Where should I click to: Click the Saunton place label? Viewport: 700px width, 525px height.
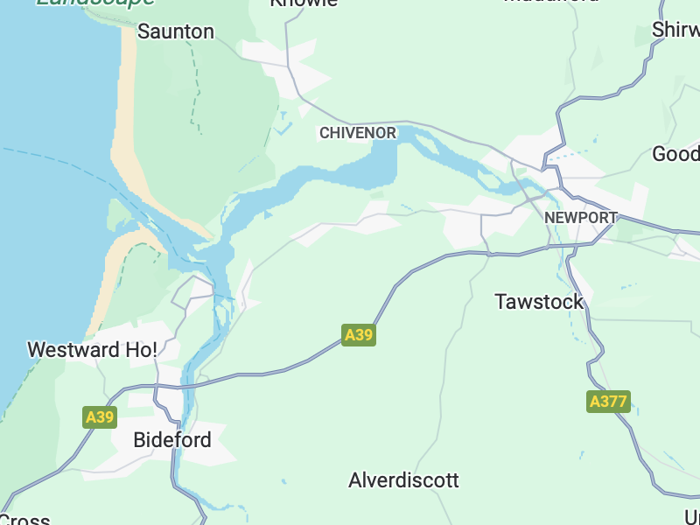(x=176, y=31)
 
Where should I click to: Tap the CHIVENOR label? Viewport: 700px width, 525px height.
(x=358, y=133)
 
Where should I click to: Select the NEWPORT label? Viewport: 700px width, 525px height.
(x=580, y=217)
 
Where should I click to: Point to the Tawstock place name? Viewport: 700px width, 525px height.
(x=539, y=302)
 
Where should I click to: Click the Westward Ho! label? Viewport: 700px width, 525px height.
(x=92, y=350)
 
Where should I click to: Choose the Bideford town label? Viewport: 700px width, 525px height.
(x=172, y=440)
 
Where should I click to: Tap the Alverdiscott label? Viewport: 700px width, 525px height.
(x=403, y=480)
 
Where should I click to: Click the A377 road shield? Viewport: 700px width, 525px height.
(x=608, y=402)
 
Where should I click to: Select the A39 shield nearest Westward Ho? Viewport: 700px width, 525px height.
(x=100, y=417)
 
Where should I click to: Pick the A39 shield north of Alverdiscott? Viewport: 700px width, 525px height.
(x=359, y=335)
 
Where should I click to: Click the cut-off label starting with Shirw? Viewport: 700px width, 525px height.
(x=675, y=30)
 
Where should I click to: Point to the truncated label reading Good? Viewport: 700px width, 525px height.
(x=675, y=154)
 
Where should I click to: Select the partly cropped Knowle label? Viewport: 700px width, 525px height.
(x=304, y=3)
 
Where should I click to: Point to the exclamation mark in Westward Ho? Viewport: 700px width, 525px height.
(x=154, y=350)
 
